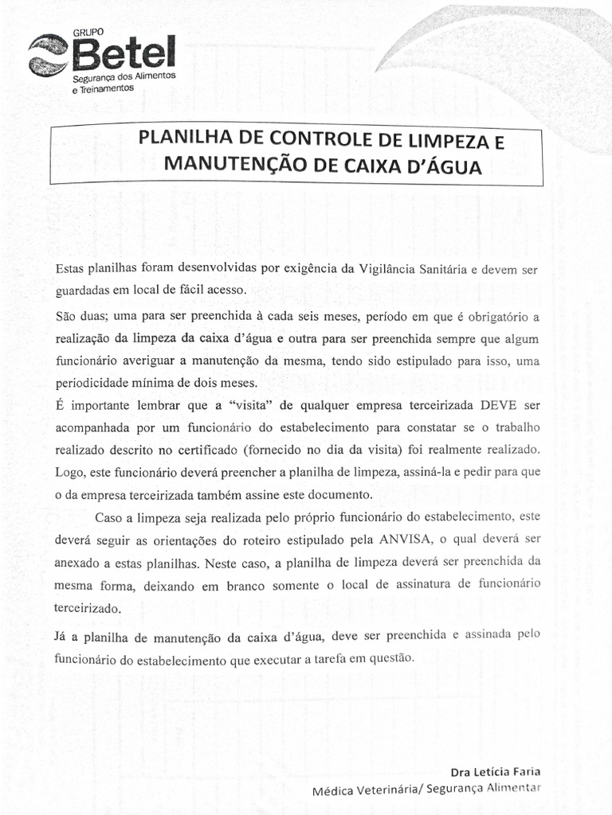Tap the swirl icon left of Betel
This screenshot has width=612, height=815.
pos(49,56)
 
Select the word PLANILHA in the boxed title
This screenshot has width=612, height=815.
pos(176,137)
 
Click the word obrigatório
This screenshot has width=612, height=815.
pos(495,316)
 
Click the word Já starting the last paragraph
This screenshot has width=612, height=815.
pos(63,636)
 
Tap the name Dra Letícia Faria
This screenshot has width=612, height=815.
pos(496,772)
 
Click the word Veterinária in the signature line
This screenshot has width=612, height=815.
pos(385,790)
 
